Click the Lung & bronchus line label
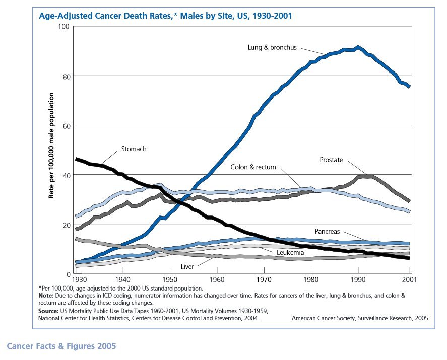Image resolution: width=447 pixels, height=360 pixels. coord(272,48)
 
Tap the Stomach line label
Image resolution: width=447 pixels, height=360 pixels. coord(134,149)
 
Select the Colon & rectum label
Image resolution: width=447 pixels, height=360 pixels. coord(253,167)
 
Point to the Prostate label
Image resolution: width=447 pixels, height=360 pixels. coord(331,160)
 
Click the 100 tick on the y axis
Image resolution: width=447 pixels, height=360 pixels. coord(63,26)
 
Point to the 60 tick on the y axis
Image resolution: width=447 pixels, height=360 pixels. coord(65,125)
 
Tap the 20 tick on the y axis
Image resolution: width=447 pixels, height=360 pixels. coord(65,224)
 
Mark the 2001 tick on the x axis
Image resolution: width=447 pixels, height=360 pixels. coord(409,279)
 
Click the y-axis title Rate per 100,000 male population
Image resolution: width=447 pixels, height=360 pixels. coord(51,150)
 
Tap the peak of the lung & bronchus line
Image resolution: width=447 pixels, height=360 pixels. coord(358,47)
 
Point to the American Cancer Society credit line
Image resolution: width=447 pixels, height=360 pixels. coord(360,318)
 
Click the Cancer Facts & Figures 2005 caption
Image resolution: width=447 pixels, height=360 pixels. coord(61,346)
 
